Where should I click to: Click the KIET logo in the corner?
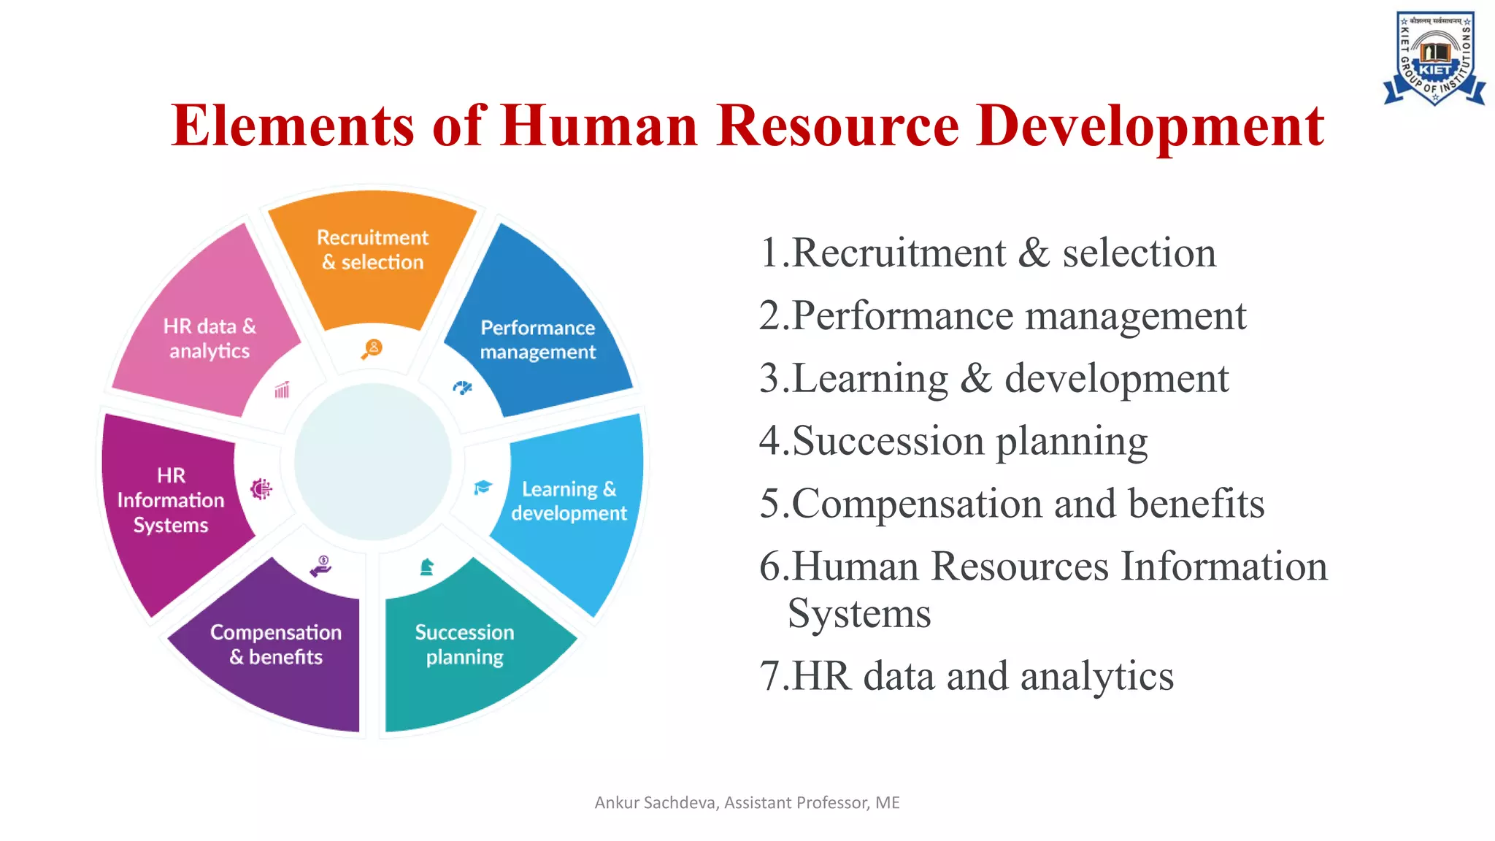[x=1434, y=58]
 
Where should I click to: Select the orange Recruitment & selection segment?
[x=372, y=256]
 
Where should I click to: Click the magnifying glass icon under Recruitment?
[x=372, y=349]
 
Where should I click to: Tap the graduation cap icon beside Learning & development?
[x=483, y=487]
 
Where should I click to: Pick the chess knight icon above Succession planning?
[x=427, y=567]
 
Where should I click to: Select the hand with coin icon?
[x=321, y=566]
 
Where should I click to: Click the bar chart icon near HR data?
[x=282, y=390]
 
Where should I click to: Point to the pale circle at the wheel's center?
[x=373, y=462]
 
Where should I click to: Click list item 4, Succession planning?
[x=953, y=441]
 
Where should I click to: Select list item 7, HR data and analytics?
[x=966, y=676]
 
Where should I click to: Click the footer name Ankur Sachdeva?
[x=655, y=803]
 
